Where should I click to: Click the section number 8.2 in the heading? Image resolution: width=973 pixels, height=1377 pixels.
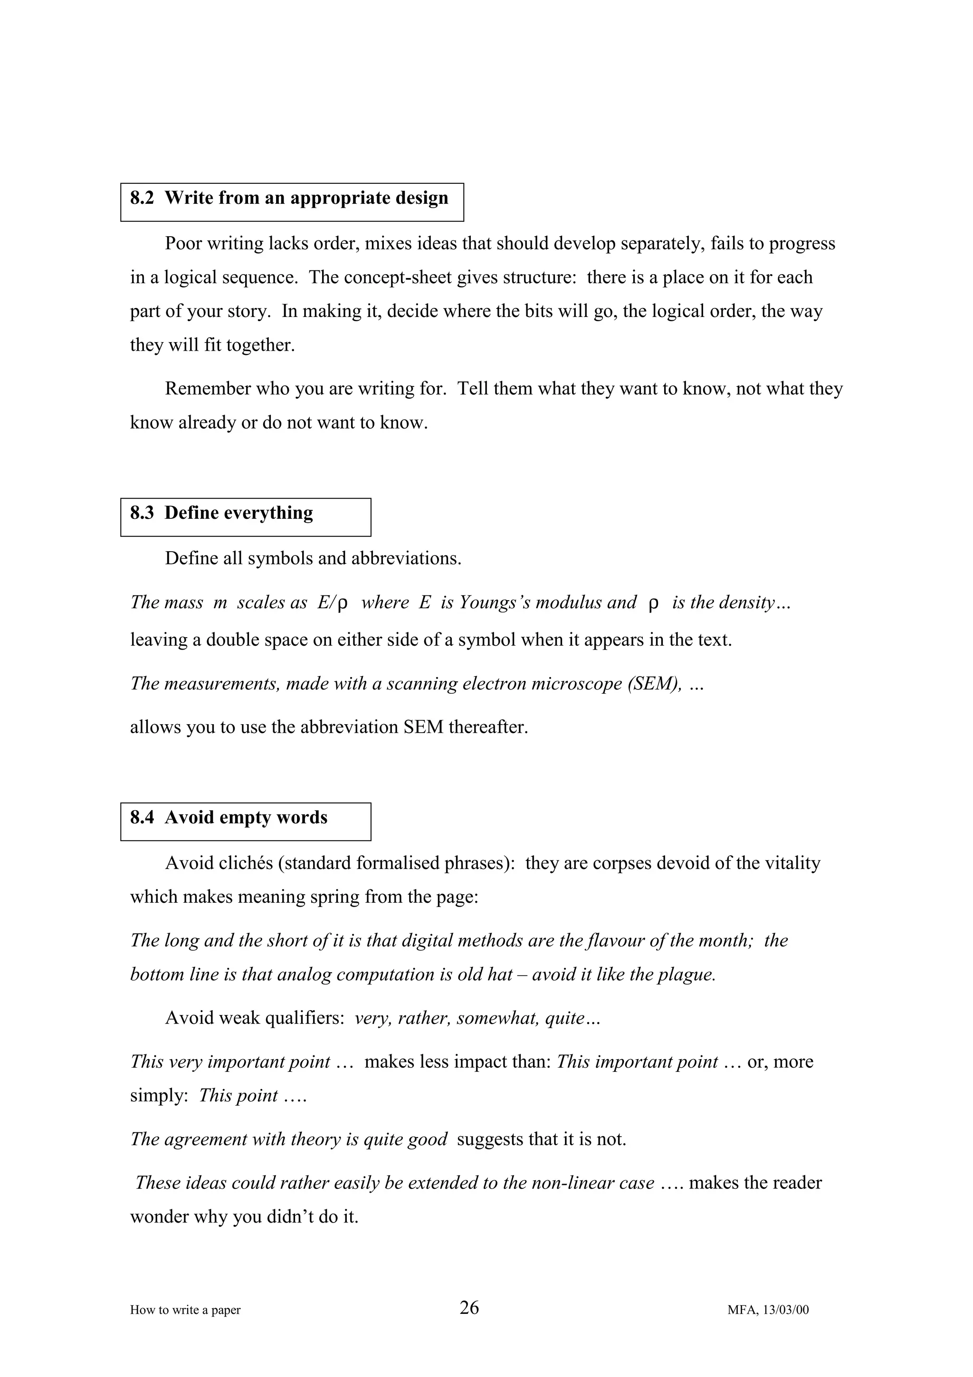click(x=142, y=199)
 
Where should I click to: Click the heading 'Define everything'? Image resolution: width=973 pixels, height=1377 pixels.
click(x=238, y=513)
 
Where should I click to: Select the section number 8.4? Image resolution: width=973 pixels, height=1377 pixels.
click(x=142, y=818)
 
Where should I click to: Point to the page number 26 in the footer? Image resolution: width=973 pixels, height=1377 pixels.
click(x=469, y=1308)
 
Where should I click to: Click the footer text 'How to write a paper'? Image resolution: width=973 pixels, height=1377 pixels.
click(x=185, y=1310)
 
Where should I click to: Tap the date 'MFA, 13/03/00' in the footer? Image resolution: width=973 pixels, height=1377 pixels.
click(x=768, y=1310)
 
